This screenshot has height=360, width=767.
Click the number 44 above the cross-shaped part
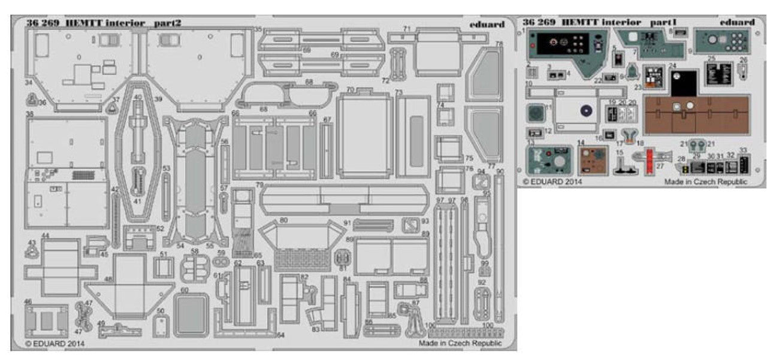point(46,235)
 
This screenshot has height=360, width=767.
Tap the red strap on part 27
point(649,161)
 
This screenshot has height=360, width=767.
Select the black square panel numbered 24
point(684,83)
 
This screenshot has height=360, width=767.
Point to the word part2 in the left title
point(167,23)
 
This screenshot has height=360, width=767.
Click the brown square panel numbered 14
point(593,160)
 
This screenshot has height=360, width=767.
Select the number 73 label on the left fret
point(398,92)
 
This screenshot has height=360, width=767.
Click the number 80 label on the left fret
point(283,220)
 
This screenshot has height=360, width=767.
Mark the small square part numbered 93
point(410,225)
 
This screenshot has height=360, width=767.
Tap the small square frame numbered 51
point(163,267)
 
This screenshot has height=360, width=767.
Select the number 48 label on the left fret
point(108,279)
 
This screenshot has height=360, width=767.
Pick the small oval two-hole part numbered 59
point(220,262)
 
